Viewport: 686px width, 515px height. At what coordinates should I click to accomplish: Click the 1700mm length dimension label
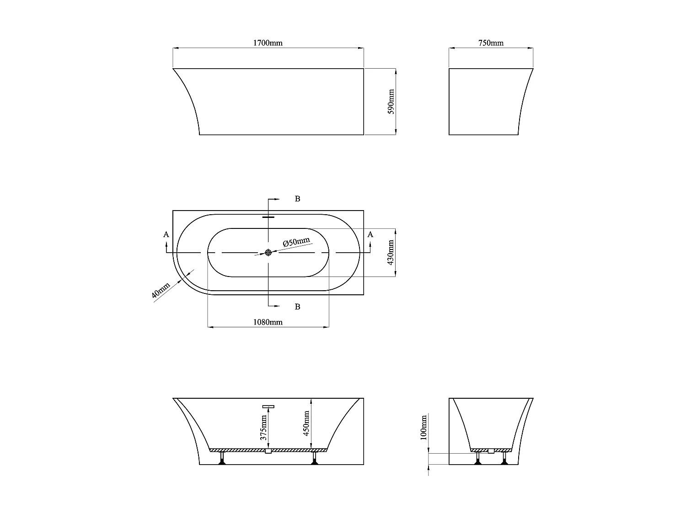coord(268,43)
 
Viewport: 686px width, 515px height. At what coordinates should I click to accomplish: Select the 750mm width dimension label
coord(491,43)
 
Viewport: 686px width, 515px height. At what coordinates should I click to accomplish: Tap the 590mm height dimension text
coord(391,102)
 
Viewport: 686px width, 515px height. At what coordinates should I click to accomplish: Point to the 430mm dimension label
coord(391,253)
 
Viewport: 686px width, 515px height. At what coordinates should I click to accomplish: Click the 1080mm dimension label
coord(268,322)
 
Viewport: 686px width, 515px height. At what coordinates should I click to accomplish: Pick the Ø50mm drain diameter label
coord(296,242)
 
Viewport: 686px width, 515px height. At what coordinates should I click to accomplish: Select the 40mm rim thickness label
coord(161,291)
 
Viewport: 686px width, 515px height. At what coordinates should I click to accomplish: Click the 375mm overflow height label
coord(263,428)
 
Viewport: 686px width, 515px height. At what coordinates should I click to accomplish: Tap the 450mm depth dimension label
coord(306,423)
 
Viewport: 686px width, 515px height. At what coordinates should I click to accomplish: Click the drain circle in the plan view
coord(268,253)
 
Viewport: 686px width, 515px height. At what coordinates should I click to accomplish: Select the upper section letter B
coord(297,199)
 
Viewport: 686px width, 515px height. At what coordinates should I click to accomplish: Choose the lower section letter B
coord(297,307)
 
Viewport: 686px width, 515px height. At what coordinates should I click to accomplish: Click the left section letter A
coord(166,234)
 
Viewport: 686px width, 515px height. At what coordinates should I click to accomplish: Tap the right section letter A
coord(370,234)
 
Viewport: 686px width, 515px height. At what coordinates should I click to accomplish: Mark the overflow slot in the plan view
coord(268,217)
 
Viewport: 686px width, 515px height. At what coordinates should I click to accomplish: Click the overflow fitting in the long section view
coord(268,406)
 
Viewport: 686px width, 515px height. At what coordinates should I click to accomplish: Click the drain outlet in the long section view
coord(268,451)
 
